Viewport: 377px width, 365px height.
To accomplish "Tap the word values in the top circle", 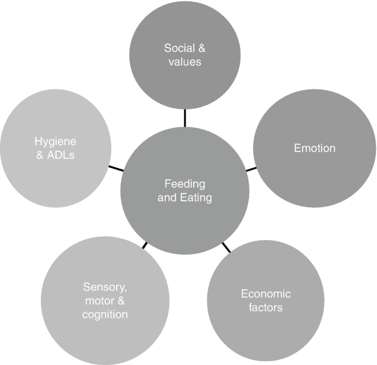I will (185, 62).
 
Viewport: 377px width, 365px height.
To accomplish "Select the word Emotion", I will (315, 148).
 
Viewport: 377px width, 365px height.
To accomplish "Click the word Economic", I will (266, 294).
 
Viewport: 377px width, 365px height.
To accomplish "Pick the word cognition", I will (105, 314).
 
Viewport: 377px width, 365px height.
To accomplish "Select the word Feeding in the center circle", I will (184, 184).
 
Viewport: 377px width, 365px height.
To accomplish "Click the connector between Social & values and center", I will (185, 117).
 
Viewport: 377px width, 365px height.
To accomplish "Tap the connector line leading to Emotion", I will (251, 168).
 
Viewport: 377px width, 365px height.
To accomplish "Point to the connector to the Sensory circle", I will (144, 245).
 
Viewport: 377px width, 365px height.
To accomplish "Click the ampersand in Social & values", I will (201, 48).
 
